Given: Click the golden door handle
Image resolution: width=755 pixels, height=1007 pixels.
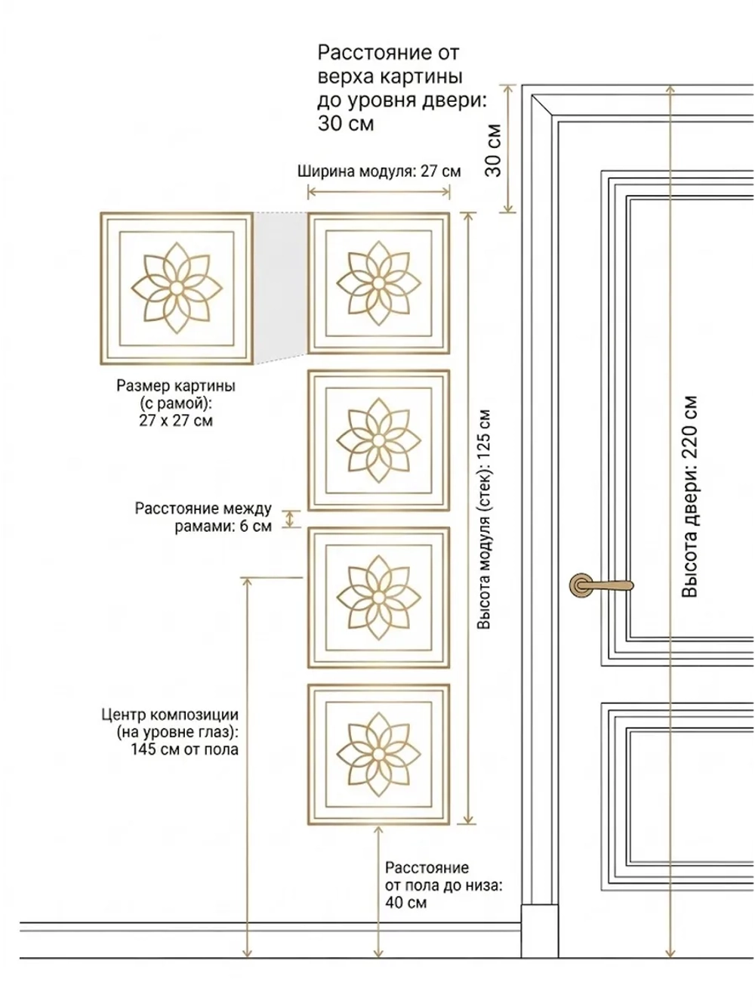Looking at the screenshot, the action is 600,585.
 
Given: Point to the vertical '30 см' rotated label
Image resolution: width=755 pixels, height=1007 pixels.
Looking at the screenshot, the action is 493,150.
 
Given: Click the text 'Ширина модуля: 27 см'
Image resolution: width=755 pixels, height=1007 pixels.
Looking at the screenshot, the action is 379,171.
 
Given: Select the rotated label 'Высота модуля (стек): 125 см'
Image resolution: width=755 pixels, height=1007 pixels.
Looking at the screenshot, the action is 484,519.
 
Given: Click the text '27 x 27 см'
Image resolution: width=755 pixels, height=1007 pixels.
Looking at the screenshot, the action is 176,421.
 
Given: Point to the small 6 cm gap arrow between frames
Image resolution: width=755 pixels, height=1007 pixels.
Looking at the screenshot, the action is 290,519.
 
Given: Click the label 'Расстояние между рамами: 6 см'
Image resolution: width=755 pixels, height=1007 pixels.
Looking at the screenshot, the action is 203,517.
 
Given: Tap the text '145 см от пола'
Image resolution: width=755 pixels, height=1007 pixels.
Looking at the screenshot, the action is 185,749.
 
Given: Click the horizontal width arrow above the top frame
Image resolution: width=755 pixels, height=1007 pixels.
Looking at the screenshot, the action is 379,192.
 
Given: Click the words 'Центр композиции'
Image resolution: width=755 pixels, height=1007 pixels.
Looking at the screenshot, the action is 170,715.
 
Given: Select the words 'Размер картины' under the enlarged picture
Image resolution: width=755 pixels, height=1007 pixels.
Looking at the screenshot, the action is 176,386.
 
